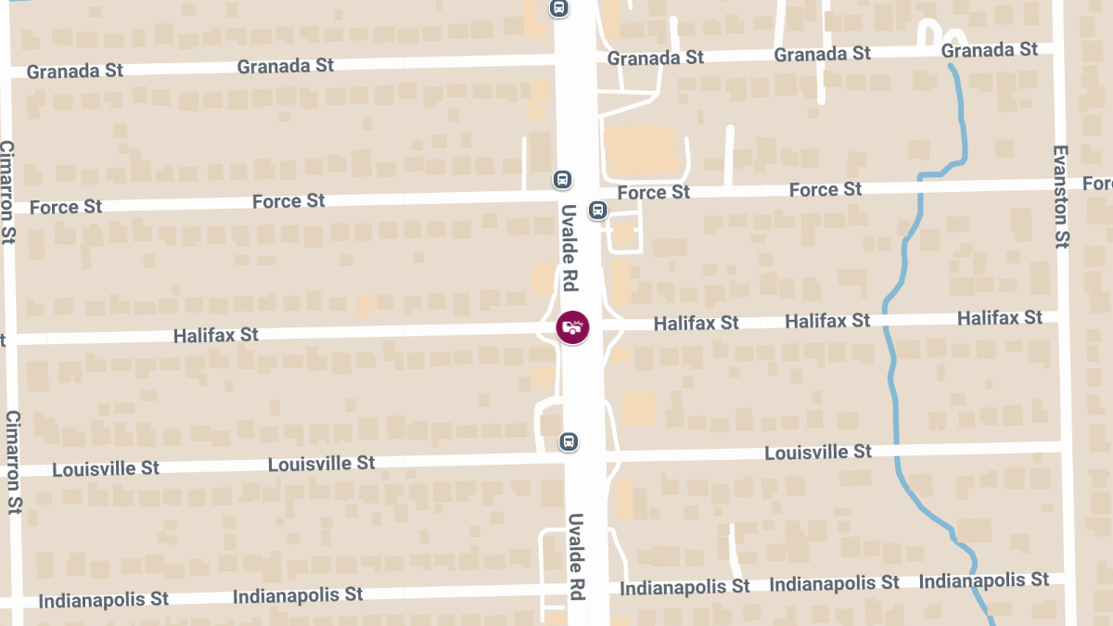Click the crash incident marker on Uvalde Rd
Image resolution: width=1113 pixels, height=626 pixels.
pyautogui.click(x=573, y=327)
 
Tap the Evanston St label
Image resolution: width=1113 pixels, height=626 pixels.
pyautogui.click(x=1061, y=196)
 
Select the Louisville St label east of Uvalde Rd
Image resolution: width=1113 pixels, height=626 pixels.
pyautogui.click(x=818, y=453)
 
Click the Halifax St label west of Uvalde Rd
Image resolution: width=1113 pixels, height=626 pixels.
pyautogui.click(x=216, y=335)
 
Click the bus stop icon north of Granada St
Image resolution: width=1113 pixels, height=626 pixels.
pyautogui.click(x=558, y=8)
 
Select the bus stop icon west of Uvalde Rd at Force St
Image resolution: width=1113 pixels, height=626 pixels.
pyautogui.click(x=562, y=179)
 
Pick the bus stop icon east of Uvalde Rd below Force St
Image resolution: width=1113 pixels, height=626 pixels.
pyautogui.click(x=598, y=210)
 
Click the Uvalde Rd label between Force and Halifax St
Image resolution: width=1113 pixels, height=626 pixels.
pyautogui.click(x=569, y=248)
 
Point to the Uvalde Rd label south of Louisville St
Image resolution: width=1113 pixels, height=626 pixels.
pyautogui.click(x=576, y=556)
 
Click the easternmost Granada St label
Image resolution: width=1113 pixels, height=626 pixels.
pyautogui.click(x=990, y=50)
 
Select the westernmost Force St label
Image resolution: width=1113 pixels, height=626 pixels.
pyautogui.click(x=66, y=207)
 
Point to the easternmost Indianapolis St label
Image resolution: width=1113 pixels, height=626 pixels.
pyautogui.click(x=984, y=581)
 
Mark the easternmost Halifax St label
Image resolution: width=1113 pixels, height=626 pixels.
pyautogui.click(x=1000, y=318)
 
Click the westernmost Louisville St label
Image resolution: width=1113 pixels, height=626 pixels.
pyautogui.click(x=106, y=468)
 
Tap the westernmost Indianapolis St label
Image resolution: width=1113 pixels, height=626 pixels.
pyautogui.click(x=104, y=600)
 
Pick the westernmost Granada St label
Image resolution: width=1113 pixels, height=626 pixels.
pyautogui.click(x=75, y=71)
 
